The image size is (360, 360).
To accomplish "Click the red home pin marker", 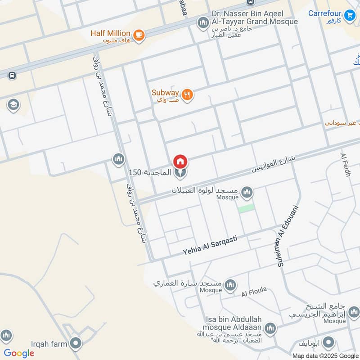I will coord(180,161).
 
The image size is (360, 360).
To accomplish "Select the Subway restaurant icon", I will coord(188,94).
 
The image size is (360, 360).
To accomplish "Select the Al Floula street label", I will coord(254,292).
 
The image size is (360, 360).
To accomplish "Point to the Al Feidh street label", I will coord(346,165).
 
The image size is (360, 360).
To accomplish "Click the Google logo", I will coord(19,353).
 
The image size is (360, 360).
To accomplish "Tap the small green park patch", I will coord(246,208).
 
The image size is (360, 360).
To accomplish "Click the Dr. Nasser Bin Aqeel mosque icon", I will coord(203,22).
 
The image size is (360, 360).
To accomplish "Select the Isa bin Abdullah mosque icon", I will coord(270,328).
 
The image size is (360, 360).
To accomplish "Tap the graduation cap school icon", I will coord(13,105).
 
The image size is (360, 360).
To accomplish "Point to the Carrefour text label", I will coord(325,13).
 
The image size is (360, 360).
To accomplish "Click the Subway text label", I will coord(165,93).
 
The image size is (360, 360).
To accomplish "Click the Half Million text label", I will coord(110,33).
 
